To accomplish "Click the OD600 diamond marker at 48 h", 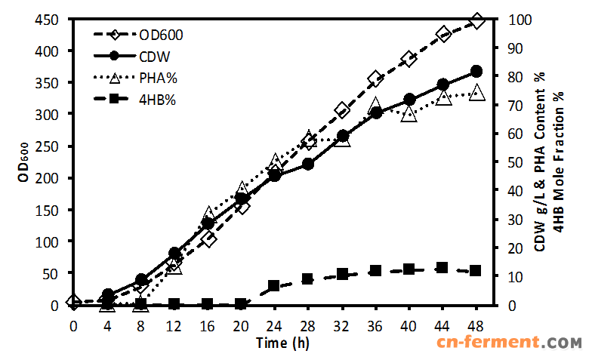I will (x=476, y=21).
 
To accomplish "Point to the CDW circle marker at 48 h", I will (x=476, y=71).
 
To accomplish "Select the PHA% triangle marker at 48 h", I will (x=476, y=93).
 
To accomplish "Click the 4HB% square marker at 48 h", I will (x=476, y=270).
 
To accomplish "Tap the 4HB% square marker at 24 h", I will (x=275, y=286).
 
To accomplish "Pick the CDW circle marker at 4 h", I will (x=107, y=294).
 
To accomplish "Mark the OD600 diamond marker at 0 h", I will (x=73, y=302).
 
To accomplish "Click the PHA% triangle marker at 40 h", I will (x=409, y=114).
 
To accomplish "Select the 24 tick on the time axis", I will (x=275, y=325).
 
